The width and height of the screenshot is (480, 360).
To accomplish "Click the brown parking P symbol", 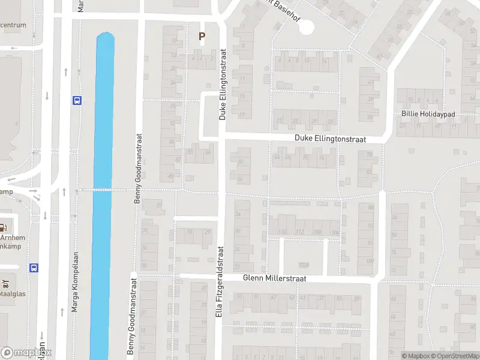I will click(202, 37).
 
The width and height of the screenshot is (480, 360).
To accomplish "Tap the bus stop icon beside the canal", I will click(77, 100).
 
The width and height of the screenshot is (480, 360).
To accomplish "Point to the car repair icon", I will click(6, 283).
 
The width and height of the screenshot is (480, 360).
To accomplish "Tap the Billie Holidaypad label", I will click(429, 114).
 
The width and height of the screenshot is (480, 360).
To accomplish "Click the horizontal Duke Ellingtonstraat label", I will click(330, 139).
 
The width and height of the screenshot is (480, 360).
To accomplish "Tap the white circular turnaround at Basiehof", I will click(306, 26).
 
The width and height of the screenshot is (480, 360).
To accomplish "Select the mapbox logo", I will click(26, 353).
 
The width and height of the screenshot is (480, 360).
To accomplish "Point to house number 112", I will click(301, 232).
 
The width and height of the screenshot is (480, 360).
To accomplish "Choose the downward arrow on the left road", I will click(46, 96).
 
